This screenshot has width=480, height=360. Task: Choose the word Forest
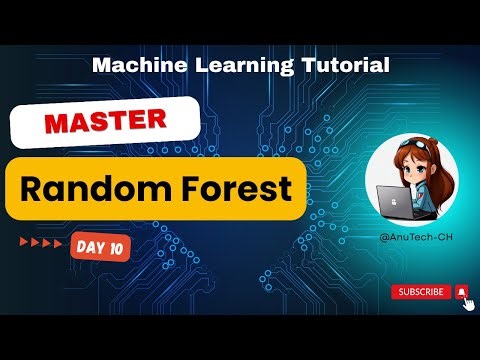236,187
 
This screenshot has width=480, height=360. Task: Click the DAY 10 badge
99,245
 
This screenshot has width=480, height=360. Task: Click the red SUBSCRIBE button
420,291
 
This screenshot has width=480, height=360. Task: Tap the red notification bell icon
461,291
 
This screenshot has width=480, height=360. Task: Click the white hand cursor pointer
466,302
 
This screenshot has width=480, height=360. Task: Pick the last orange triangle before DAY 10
59,243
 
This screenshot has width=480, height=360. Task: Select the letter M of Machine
100,66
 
